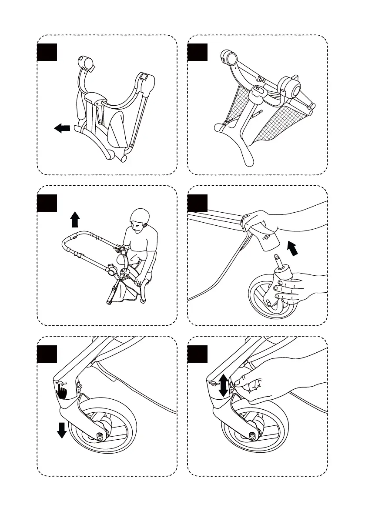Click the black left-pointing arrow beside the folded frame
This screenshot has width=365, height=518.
(x=62, y=127)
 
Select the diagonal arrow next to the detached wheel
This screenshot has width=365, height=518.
(x=294, y=249)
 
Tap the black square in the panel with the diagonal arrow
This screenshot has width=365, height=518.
(x=198, y=203)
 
